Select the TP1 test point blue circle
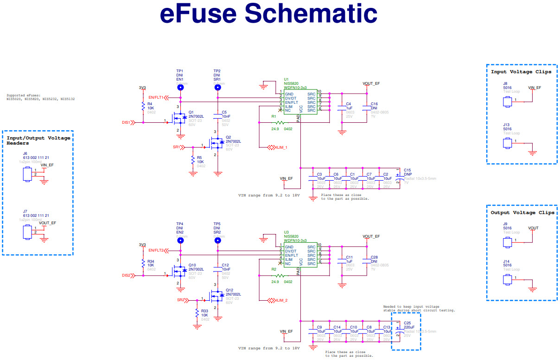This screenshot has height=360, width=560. click(179, 87)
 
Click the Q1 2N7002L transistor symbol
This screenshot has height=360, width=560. click(179, 119)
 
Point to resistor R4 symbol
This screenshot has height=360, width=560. click(143, 107)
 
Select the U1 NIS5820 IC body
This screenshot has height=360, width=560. click(300, 101)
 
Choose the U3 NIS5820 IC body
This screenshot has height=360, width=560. click(300, 255)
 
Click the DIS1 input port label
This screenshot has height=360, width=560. click(127, 122)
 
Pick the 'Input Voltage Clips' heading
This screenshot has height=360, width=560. click(521, 72)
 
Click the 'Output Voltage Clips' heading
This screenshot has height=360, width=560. click(522, 213)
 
